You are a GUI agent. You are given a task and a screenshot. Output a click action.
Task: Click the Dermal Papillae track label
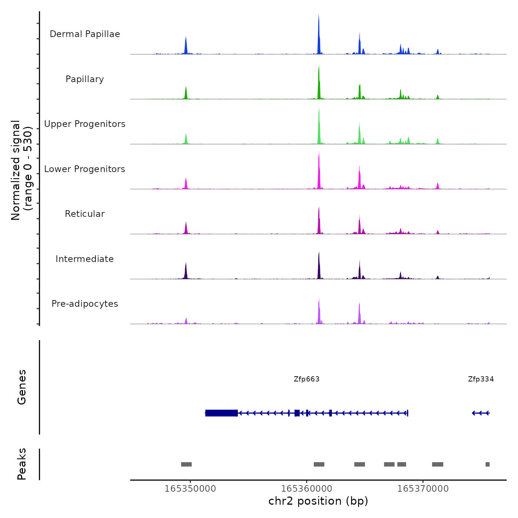[x=85, y=34]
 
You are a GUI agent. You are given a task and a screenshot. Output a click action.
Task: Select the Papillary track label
[x=85, y=79]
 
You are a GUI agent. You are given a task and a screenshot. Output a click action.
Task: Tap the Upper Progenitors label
[x=85, y=124]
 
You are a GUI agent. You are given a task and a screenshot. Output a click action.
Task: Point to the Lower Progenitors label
[x=85, y=169]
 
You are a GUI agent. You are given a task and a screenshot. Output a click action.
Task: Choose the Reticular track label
[x=85, y=214]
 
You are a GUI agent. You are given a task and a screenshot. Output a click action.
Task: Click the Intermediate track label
[x=85, y=259]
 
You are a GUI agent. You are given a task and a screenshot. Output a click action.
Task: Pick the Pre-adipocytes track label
[x=85, y=304]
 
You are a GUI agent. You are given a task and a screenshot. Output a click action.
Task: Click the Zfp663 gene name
[x=306, y=379]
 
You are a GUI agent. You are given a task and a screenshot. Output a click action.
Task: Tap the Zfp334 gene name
[x=481, y=379]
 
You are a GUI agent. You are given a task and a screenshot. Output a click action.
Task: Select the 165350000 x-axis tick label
[x=190, y=489]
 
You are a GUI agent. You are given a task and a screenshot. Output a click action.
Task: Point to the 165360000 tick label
[x=307, y=489]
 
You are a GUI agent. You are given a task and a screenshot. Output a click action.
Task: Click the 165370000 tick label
[x=423, y=489]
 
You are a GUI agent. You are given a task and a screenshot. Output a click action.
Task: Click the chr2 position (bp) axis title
[x=318, y=501]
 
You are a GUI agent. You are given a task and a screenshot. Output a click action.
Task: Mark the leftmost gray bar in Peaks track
[x=186, y=464]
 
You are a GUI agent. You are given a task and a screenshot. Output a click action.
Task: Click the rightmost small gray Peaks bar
[x=487, y=464]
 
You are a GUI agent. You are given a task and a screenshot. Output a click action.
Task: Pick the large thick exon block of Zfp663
[x=221, y=413]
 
